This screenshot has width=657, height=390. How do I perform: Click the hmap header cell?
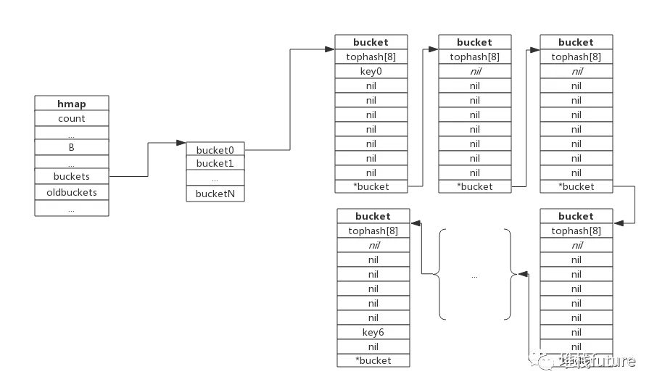coord(72,104)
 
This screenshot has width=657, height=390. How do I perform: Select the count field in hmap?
coord(72,118)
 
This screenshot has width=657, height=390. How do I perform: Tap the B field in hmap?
coord(72,147)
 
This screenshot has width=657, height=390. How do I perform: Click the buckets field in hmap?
coord(72,176)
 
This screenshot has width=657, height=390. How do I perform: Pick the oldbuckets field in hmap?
coord(72,192)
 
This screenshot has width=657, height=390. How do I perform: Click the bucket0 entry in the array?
coord(215,150)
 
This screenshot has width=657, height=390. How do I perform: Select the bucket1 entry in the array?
coord(215,164)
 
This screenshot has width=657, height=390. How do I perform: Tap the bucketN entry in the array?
coord(215,194)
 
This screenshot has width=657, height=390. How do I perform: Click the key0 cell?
coord(371,71)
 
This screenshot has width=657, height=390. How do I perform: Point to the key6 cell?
coord(373,332)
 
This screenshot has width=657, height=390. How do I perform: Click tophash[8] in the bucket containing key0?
coord(371,57)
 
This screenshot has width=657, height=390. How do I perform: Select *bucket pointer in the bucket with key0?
coord(371,186)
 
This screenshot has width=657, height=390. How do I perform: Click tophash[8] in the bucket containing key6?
coord(373,231)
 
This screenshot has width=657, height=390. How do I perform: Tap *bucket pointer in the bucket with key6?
coord(373,360)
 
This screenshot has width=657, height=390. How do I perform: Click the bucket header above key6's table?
coord(373,216)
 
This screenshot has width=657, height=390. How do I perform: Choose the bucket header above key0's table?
coord(371,42)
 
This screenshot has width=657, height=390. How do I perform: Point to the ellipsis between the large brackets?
coord(475,275)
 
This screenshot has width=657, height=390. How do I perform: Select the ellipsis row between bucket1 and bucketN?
coord(215,179)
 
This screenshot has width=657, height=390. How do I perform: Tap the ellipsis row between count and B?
coord(72,133)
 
